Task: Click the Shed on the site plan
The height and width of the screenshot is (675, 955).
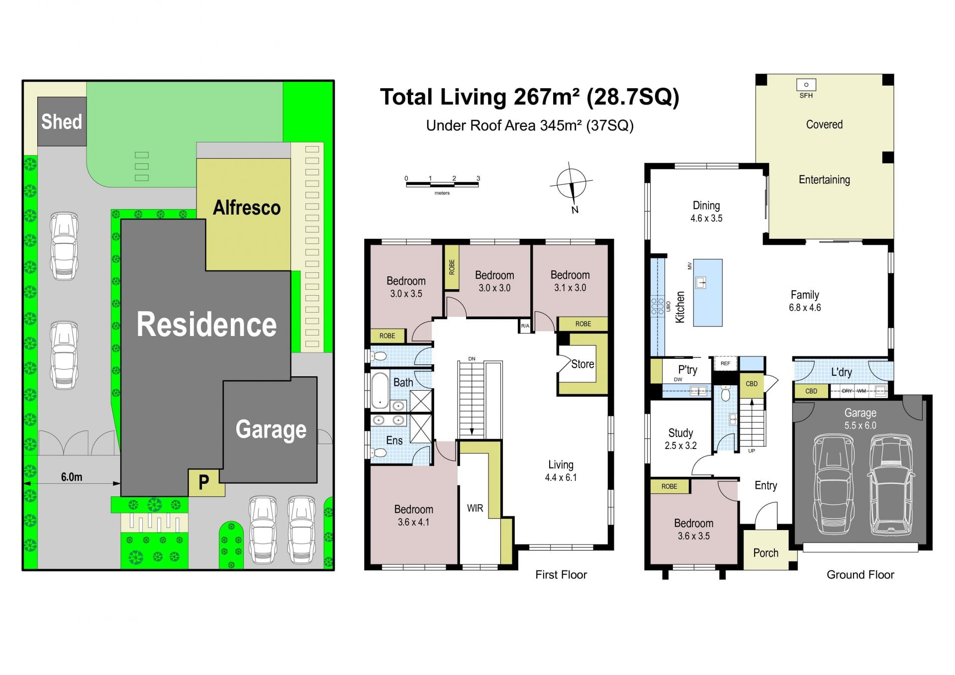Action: click(x=62, y=121)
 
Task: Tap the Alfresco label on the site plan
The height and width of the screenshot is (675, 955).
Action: click(x=247, y=208)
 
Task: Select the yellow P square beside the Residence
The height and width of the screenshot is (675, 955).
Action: click(x=203, y=482)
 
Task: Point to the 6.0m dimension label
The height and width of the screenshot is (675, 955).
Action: click(x=72, y=477)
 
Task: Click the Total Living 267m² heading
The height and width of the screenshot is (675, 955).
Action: click(x=529, y=97)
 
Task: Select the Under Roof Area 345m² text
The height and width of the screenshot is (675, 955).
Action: click(x=530, y=125)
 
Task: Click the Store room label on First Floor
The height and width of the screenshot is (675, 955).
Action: click(x=582, y=364)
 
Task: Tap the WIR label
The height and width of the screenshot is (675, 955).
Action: click(x=475, y=508)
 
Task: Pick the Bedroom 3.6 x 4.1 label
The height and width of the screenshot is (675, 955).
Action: click(x=413, y=516)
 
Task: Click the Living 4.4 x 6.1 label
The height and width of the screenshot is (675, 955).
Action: click(x=561, y=471)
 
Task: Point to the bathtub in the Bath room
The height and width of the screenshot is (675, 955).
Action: click(x=380, y=391)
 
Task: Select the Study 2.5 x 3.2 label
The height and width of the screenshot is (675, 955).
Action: click(x=680, y=439)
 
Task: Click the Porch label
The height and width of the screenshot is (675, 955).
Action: click(x=765, y=553)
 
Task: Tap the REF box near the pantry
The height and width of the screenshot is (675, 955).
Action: click(x=725, y=364)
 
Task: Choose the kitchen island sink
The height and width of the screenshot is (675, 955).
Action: click(x=701, y=283)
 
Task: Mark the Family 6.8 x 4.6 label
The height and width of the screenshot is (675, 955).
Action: click(x=805, y=301)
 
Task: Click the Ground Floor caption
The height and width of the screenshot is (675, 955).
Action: click(x=860, y=575)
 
